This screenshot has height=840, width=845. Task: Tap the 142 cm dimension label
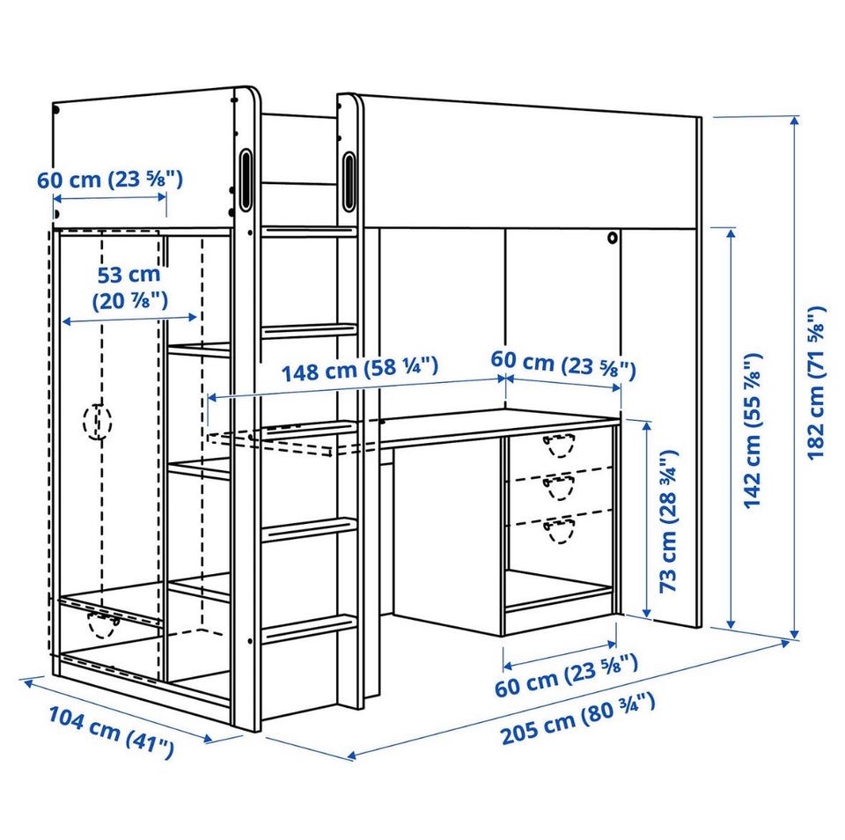click(753, 431)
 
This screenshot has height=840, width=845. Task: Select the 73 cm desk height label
click(668, 521)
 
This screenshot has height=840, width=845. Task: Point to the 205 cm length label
click(578, 719)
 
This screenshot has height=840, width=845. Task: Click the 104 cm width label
click(112, 732)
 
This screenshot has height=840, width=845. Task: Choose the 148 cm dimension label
click(360, 369)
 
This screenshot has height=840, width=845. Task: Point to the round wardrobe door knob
click(98, 421)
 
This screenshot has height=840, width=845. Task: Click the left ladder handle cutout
click(245, 179)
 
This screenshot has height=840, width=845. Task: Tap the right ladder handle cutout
click(349, 181)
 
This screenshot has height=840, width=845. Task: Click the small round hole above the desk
click(613, 237)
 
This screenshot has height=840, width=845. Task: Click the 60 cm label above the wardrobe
click(110, 179)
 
